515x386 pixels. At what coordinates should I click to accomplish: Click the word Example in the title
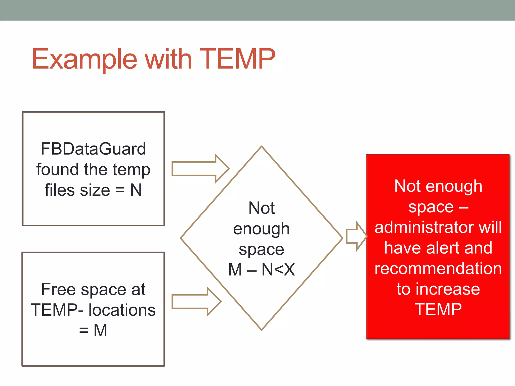84,59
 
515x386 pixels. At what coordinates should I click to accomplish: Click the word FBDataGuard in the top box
93,149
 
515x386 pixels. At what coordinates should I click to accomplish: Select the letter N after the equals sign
136,190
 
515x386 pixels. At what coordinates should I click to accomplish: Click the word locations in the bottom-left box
122,310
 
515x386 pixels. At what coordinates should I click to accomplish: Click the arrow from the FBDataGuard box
200,169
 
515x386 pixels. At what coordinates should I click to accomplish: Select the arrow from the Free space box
196,301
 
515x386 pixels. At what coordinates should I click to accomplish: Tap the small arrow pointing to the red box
356,236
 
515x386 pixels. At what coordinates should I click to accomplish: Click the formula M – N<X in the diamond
262,270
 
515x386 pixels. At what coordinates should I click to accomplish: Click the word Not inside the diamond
262,208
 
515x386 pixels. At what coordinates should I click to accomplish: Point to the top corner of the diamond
262,147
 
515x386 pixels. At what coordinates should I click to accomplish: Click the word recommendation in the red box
438,268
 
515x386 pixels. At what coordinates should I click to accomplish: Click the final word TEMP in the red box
438,310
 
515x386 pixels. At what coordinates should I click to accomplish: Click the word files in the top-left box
60,190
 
